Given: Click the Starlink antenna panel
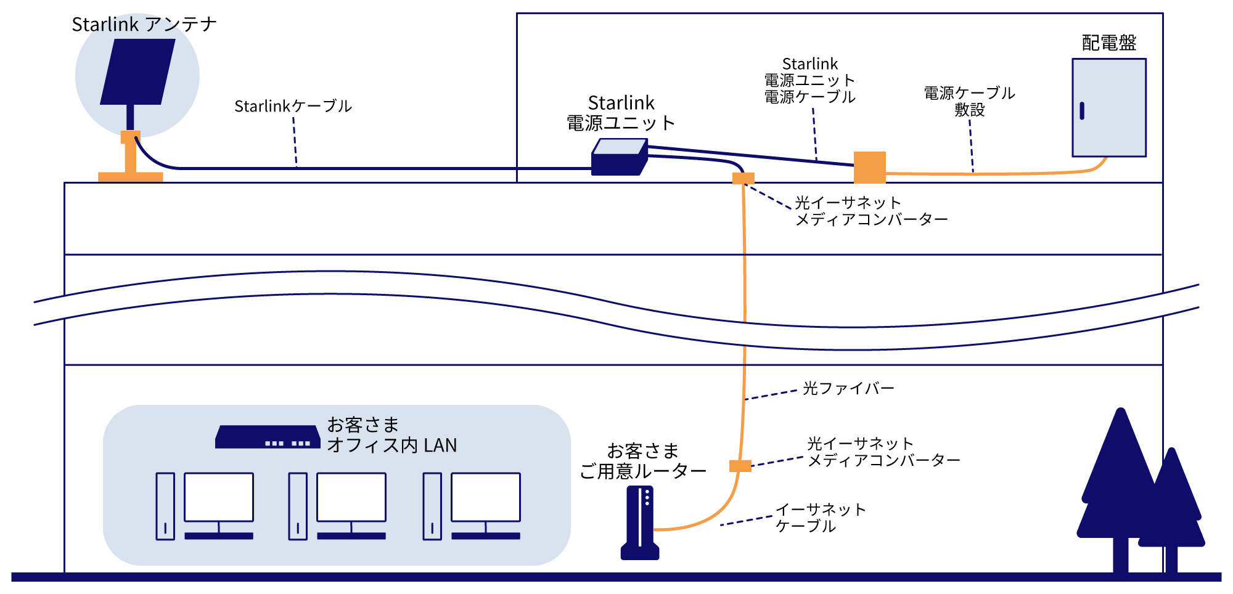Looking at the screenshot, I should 137,71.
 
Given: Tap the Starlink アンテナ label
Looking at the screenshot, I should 144,25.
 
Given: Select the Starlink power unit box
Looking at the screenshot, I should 619,157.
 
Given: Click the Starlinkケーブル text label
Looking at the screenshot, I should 293,106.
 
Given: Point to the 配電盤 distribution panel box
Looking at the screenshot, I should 1108,108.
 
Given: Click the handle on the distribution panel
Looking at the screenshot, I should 1082,111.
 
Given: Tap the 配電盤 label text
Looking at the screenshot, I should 1108,43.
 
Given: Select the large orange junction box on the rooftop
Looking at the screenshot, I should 869,167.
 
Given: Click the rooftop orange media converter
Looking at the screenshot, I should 743,179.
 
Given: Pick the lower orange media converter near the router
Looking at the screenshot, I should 740,466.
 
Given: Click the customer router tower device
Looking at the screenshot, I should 640,523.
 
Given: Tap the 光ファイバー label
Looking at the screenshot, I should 848,389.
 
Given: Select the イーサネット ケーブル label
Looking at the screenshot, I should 820,518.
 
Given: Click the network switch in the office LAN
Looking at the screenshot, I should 268,437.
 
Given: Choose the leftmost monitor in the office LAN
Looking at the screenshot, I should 219,498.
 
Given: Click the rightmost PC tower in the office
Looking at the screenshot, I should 432,507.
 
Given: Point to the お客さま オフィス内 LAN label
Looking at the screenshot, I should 391,435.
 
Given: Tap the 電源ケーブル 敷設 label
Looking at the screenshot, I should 969,102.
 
